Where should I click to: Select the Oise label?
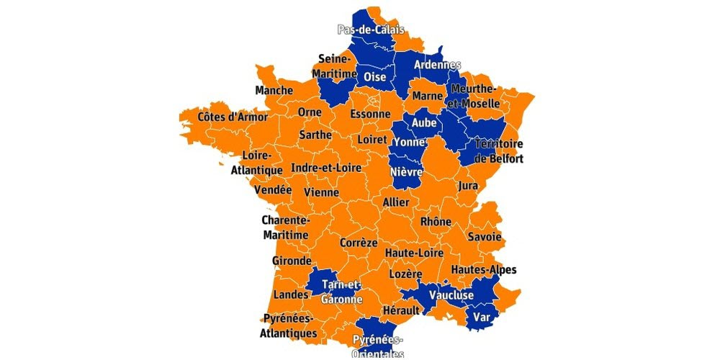(x=375, y=76)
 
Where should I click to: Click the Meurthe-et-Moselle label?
(x=473, y=96)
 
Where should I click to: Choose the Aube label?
(x=423, y=123)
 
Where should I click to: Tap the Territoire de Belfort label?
(x=498, y=151)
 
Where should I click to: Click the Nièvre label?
(x=405, y=172)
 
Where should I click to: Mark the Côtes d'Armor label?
(x=233, y=117)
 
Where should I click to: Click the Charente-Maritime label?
(x=285, y=228)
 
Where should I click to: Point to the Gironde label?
(x=292, y=261)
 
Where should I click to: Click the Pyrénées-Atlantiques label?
(x=288, y=325)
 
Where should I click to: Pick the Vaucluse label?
(x=451, y=295)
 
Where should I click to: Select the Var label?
(x=480, y=317)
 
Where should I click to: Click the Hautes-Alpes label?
(x=484, y=270)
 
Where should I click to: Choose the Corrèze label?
(x=359, y=243)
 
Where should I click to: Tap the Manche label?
(x=274, y=91)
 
